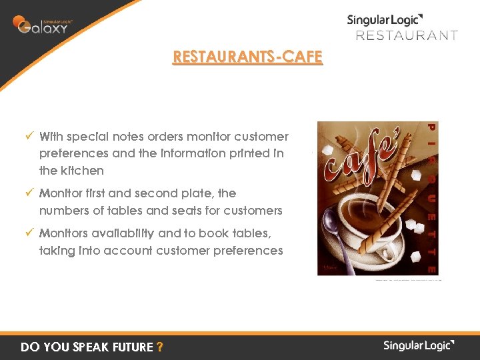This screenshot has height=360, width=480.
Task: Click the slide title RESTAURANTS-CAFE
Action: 247,57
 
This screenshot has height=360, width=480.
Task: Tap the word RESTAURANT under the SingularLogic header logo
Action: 407,35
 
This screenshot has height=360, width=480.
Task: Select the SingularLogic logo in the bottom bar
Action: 419,345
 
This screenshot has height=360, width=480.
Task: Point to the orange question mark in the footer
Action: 159,347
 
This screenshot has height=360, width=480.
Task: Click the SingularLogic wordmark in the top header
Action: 385,20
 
